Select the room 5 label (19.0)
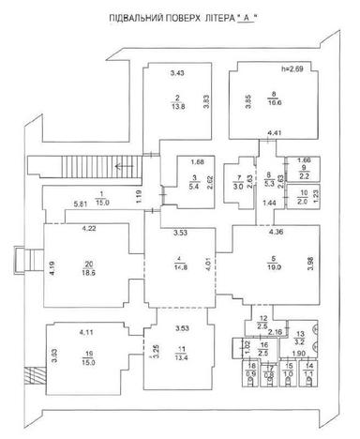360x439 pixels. pyautogui.click(x=274, y=264)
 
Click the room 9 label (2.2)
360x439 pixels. pyautogui.click(x=303, y=169)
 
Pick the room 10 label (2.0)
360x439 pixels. pyautogui.click(x=303, y=196)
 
